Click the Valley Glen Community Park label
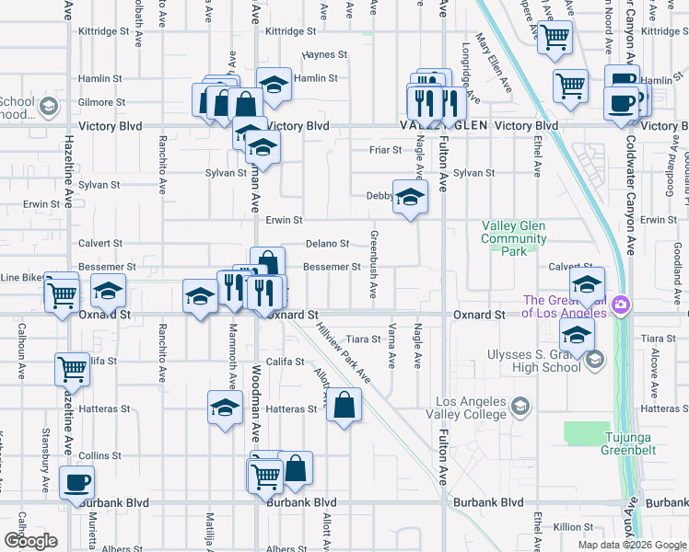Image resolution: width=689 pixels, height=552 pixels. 513,238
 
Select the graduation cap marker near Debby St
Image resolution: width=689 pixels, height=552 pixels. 411,195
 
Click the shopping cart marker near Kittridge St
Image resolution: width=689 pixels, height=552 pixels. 555,38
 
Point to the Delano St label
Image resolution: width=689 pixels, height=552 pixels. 327,244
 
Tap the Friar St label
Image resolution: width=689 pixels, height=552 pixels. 385,149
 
